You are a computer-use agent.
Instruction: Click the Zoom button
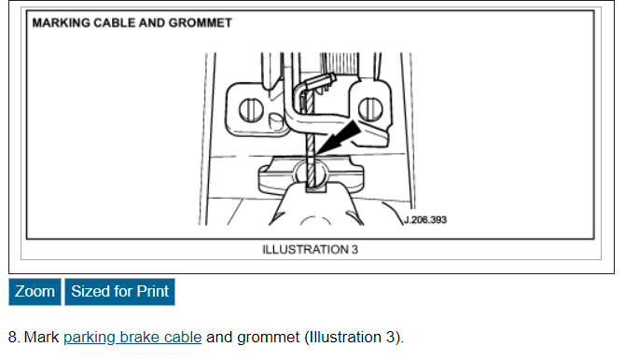click(x=35, y=292)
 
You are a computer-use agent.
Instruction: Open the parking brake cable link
click(x=132, y=338)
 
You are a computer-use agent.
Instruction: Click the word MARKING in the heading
click(x=61, y=22)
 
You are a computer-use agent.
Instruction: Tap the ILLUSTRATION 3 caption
click(x=310, y=250)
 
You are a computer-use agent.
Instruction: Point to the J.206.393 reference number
click(x=425, y=220)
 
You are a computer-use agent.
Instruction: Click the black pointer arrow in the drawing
click(x=339, y=138)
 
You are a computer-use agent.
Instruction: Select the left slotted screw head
click(x=251, y=110)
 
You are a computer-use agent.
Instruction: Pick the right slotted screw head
click(x=370, y=109)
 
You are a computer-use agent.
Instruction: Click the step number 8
click(x=13, y=338)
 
